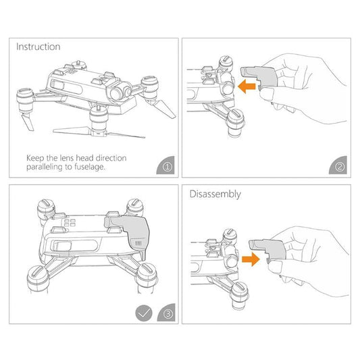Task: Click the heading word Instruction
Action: pos(38,47)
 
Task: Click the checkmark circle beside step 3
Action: pos(143,313)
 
